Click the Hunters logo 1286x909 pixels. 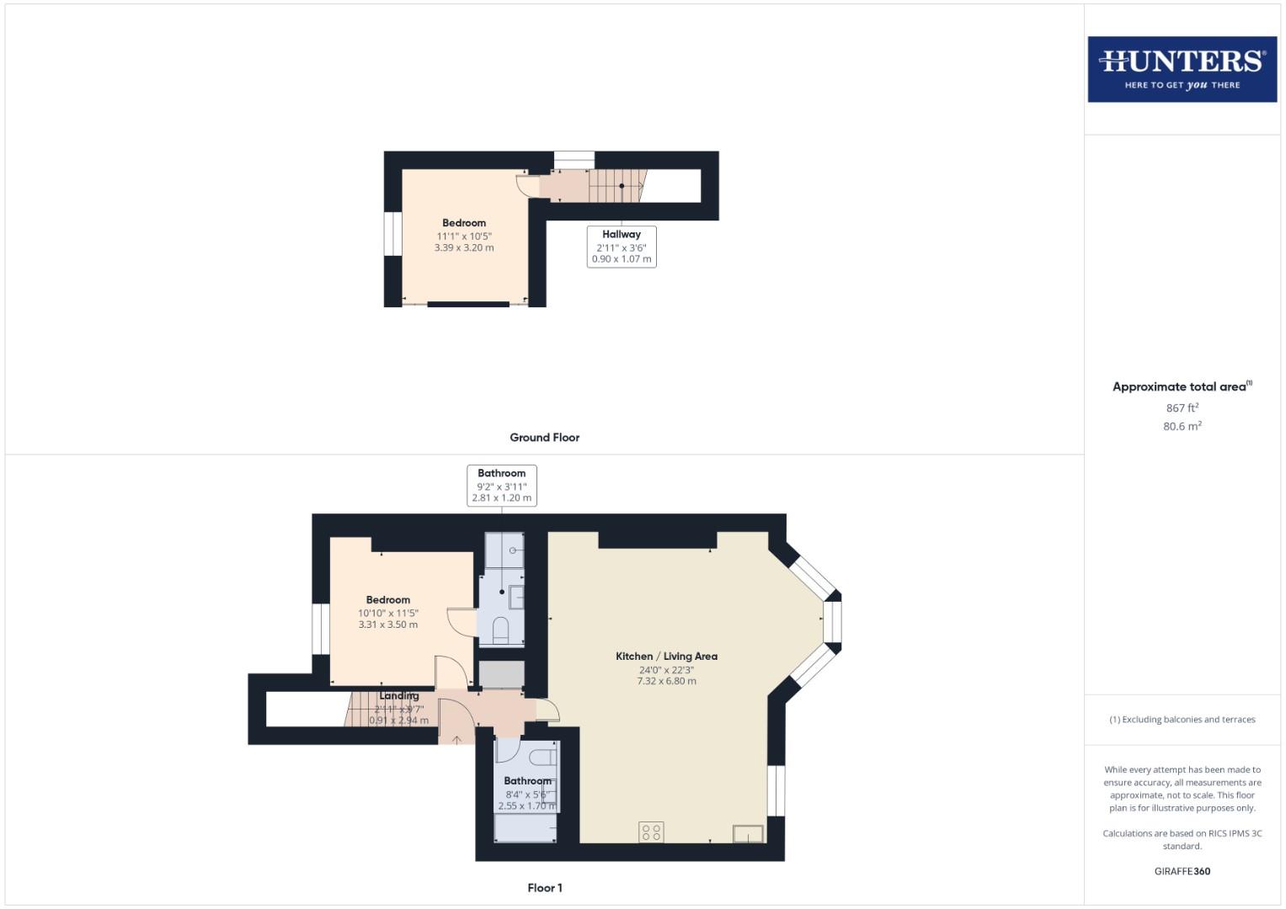(1182, 69)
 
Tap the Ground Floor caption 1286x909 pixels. (544, 438)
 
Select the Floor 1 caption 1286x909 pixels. (544, 888)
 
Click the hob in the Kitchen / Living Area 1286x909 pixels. (651, 832)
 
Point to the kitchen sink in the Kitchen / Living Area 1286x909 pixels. (748, 834)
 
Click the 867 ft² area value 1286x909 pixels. (1182, 408)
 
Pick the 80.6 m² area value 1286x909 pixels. (1182, 427)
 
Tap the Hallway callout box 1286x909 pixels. (622, 247)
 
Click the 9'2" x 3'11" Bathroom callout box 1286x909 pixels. (502, 486)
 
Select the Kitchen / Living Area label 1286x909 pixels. (666, 656)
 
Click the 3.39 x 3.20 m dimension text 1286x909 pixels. (464, 248)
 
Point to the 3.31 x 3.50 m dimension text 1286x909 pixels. (388, 625)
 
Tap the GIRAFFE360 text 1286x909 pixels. (1182, 871)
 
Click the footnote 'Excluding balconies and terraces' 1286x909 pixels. (1182, 720)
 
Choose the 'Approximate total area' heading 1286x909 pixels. (1179, 387)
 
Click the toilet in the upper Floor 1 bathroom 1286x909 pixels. (500, 630)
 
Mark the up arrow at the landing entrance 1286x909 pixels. (456, 740)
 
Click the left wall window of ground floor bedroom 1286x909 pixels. (392, 233)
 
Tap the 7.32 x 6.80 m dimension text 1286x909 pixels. (666, 681)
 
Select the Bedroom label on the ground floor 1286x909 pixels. (464, 223)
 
